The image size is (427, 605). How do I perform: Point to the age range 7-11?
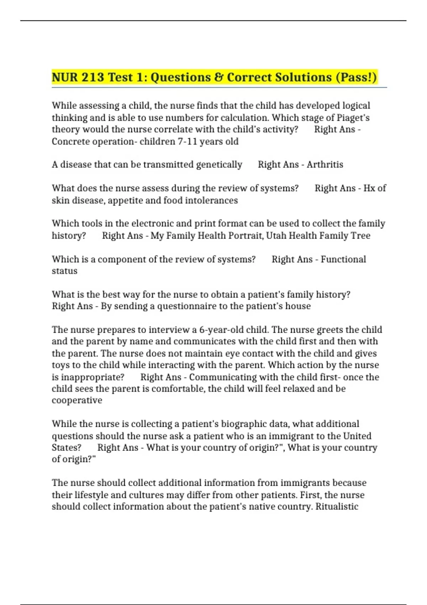[x=187, y=142]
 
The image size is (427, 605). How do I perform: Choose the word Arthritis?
[x=325, y=165]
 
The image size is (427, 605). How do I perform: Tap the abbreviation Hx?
[x=369, y=188]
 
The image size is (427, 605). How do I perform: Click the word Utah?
[x=276, y=236]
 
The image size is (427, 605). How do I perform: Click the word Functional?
[x=343, y=259]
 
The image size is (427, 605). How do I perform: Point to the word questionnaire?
[x=187, y=306]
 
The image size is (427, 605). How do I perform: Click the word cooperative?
[x=77, y=400]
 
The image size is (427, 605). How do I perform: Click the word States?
[x=67, y=448]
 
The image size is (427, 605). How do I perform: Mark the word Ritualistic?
[x=337, y=507]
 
